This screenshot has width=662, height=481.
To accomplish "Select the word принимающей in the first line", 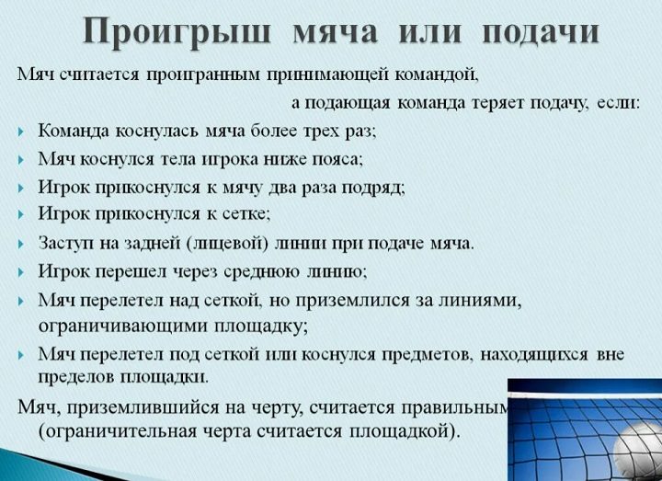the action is [x=327, y=74].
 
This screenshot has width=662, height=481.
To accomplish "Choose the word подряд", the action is [x=372, y=188].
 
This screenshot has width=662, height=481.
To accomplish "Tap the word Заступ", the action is [x=65, y=244].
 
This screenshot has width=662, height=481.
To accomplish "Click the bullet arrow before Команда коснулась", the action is [x=21, y=132].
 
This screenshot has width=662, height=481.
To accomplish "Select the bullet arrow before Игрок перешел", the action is [x=21, y=272].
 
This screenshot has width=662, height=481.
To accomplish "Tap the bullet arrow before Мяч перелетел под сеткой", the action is [x=21, y=355].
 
